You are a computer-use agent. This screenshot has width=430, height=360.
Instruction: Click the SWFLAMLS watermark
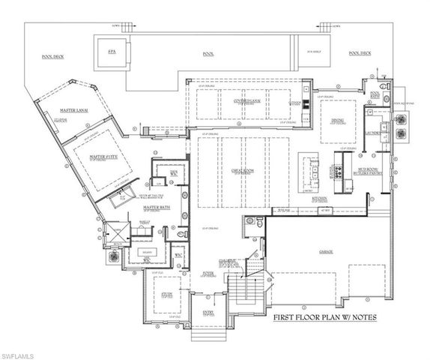[x=20, y=352]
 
